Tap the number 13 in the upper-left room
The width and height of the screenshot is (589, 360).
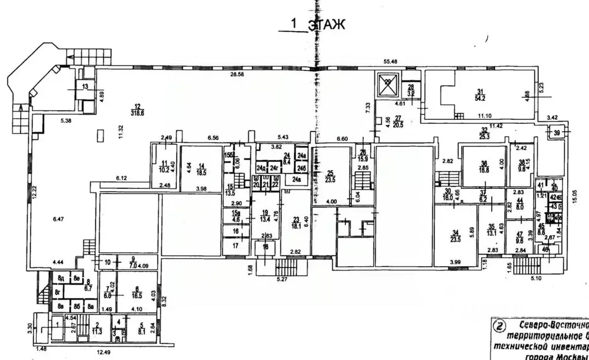click(x=85, y=87)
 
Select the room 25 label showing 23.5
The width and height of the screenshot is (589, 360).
click(x=330, y=176)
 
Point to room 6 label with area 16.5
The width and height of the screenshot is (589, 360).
click(x=136, y=291)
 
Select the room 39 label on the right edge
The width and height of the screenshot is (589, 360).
click(x=556, y=133)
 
